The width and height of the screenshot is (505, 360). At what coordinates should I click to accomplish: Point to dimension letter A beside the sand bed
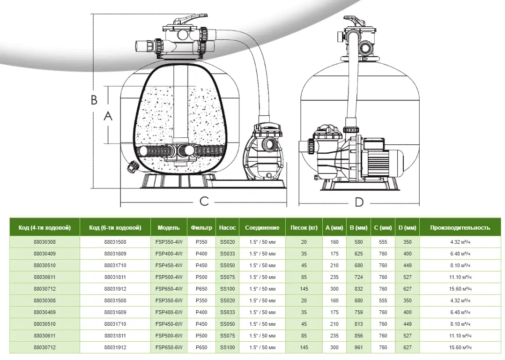tap(108, 115)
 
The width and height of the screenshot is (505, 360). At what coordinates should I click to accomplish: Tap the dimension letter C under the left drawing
tap(204, 201)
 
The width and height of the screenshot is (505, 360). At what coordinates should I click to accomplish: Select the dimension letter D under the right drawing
tap(359, 202)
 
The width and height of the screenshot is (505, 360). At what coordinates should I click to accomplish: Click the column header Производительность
tap(460, 228)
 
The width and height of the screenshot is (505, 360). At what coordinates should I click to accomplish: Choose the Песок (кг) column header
tap(304, 228)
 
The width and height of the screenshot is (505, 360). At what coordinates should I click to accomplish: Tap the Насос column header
tap(227, 228)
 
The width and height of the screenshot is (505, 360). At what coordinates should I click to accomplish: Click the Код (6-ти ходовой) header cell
tap(115, 228)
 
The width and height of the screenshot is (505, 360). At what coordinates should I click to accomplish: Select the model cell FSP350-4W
tap(169, 242)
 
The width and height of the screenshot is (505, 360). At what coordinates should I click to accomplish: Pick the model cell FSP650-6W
tap(169, 347)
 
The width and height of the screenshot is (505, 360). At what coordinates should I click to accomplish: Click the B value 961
tap(358, 347)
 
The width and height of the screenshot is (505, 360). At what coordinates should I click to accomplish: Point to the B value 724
tap(358, 277)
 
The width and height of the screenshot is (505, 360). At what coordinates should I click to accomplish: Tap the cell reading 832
tap(358, 289)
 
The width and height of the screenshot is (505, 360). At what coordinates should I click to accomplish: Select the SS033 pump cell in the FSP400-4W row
tap(227, 254)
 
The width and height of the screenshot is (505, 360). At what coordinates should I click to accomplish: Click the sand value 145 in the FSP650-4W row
tap(304, 289)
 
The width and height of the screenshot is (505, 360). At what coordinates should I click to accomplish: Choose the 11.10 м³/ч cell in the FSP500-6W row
tap(460, 336)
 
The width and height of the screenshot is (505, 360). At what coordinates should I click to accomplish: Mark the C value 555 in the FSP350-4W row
tap(383, 242)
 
